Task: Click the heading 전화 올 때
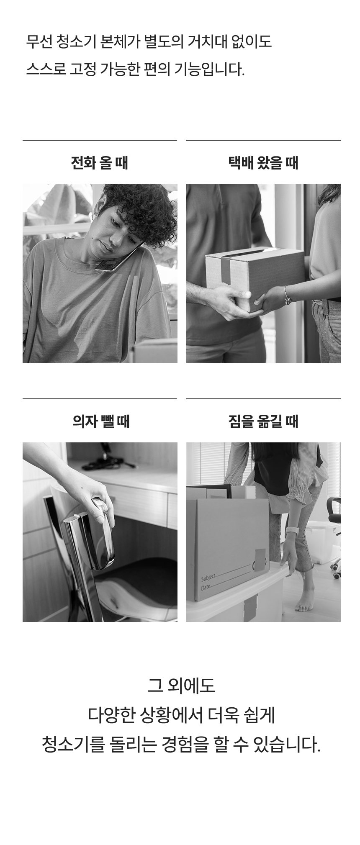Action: (x=100, y=162)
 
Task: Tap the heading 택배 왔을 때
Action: (x=263, y=162)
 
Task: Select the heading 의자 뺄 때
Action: (x=101, y=421)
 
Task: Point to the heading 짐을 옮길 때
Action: (x=263, y=421)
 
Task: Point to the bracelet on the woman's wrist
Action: (x=288, y=296)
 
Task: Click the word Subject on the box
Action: (x=208, y=578)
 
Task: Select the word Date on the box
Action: (x=206, y=587)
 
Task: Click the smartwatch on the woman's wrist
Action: (x=292, y=532)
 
